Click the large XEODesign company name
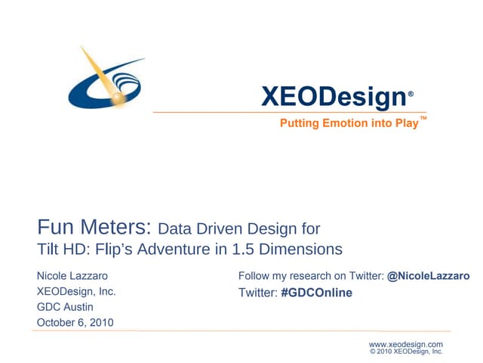tap(334, 97)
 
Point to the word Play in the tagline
tap(405, 123)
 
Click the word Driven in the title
tap(227, 228)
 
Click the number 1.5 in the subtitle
tap(257, 249)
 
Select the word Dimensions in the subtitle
tap(308, 249)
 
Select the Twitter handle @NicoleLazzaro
tap(428, 276)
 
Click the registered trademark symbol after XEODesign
tap(411, 95)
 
